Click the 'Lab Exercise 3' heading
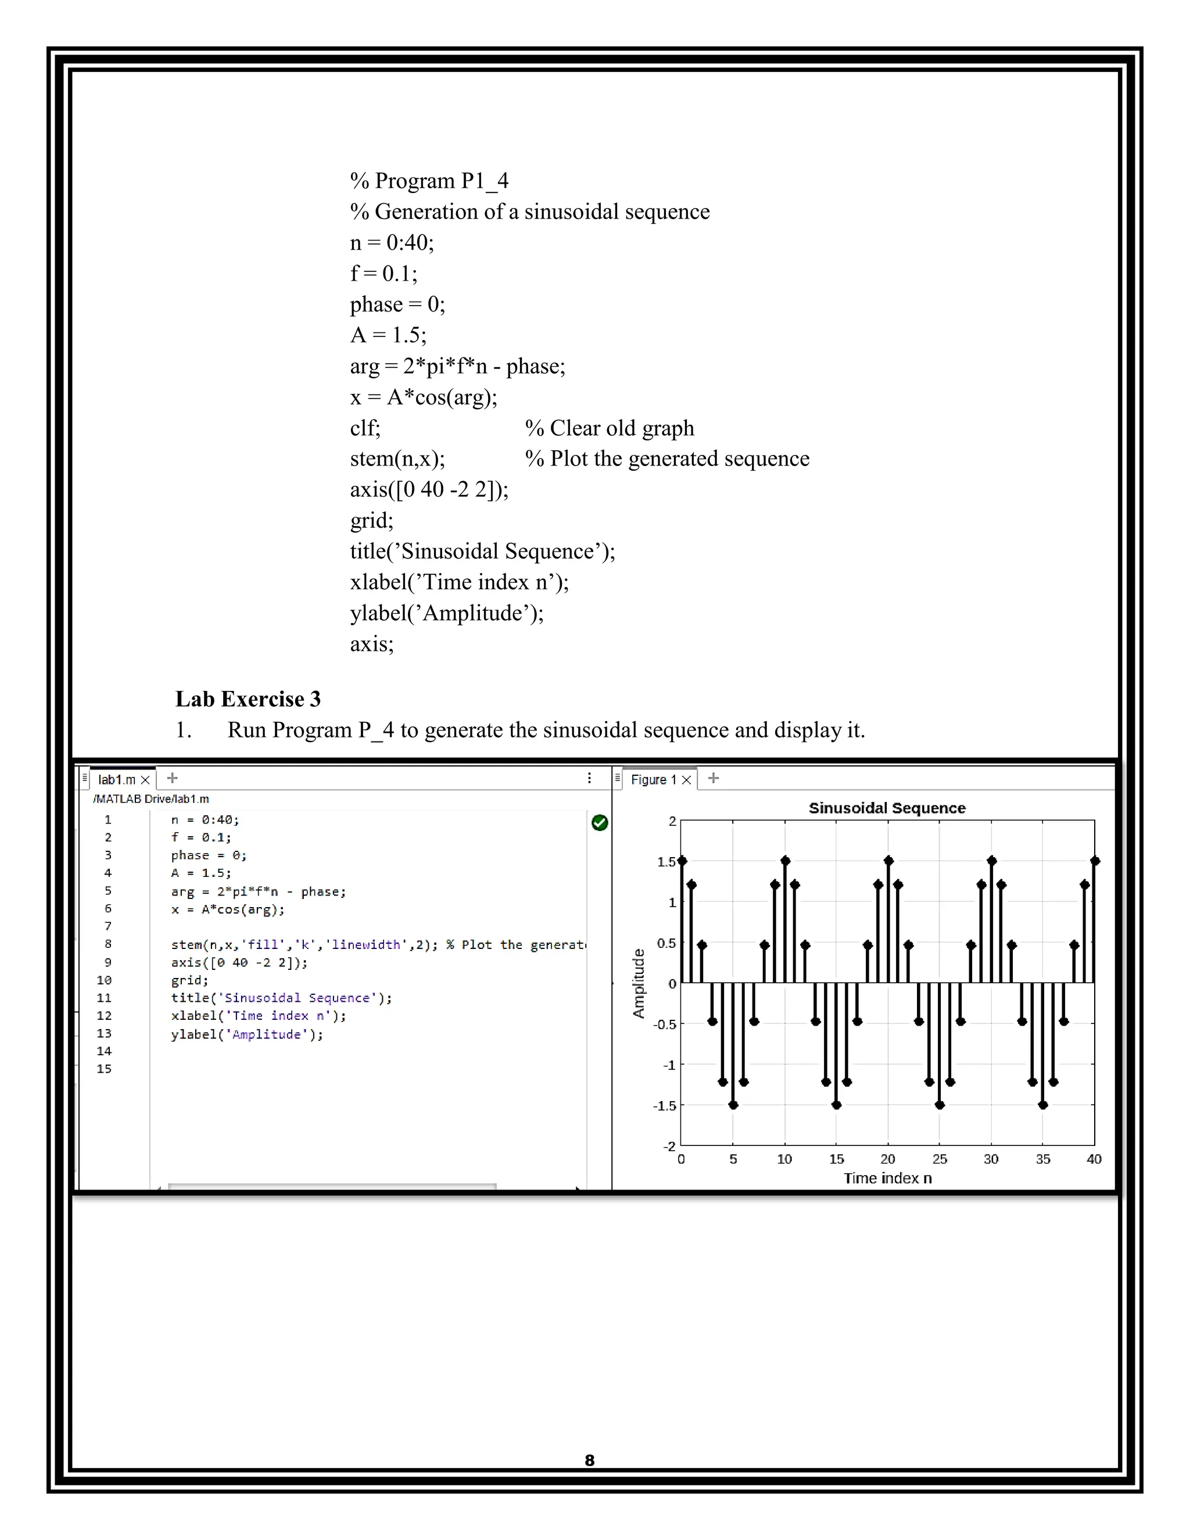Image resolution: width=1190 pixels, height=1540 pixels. pyautogui.click(x=248, y=699)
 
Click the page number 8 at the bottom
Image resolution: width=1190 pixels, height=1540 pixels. pyautogui.click(x=589, y=1460)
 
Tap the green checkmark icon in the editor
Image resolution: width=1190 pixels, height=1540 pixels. pyautogui.click(x=599, y=822)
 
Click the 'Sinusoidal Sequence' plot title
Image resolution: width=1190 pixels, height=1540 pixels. pyautogui.click(x=886, y=808)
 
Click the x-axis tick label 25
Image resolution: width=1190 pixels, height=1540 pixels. pyautogui.click(x=939, y=1159)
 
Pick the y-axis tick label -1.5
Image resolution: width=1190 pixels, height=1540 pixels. pyautogui.click(x=664, y=1106)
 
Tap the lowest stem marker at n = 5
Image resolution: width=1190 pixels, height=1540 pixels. pyautogui.click(x=733, y=1105)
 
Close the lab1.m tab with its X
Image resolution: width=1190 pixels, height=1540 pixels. pyautogui.click(x=145, y=780)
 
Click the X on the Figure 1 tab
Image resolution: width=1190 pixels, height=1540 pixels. pyautogui.click(x=686, y=780)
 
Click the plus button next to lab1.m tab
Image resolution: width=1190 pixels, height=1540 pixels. pyautogui.click(x=172, y=779)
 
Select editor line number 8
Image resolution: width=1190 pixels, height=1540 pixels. pyautogui.click(x=108, y=944)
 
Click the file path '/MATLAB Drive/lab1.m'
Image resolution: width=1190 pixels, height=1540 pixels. pyautogui.click(x=151, y=799)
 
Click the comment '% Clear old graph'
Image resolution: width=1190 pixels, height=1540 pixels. pyautogui.click(x=609, y=428)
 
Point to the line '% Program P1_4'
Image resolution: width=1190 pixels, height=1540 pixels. pyautogui.click(x=429, y=181)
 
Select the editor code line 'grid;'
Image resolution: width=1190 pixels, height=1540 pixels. pyautogui.click(x=189, y=980)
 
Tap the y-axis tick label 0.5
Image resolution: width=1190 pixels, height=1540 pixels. pyautogui.click(x=666, y=943)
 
